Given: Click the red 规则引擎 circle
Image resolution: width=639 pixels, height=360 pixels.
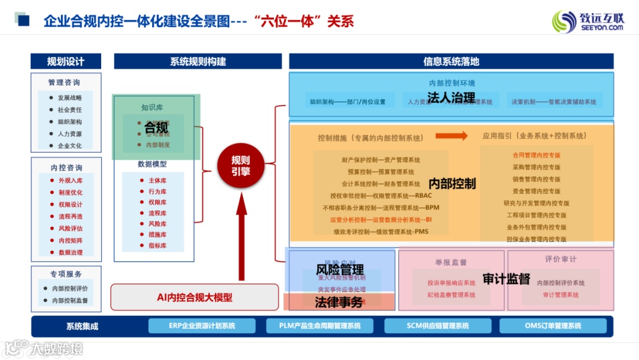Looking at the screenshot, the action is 241,165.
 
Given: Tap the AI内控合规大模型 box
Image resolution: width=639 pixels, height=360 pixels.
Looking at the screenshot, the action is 194,297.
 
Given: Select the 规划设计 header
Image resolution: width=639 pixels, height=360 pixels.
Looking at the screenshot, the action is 66,62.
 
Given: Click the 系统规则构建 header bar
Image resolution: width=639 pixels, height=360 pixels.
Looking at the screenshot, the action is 198,62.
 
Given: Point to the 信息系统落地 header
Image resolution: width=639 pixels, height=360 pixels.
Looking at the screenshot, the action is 451,62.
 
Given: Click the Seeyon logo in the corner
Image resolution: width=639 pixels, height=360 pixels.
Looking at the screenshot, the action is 588,21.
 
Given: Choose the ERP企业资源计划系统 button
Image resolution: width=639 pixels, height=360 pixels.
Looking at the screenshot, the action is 202,326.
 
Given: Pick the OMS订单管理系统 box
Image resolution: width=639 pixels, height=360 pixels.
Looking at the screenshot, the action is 553,326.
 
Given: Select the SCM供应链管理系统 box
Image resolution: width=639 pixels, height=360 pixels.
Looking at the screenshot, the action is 438,326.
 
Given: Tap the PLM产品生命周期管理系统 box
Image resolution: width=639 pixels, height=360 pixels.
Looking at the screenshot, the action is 319,326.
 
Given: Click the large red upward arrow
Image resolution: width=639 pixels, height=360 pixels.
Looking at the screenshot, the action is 241,237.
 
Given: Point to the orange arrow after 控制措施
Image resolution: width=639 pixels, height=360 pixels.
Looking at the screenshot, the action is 451,136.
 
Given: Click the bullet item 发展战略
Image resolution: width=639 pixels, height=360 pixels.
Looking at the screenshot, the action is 70,98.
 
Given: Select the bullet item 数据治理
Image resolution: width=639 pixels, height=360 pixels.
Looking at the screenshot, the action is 70,252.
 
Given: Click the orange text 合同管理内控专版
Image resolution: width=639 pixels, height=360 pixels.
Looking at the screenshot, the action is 536,155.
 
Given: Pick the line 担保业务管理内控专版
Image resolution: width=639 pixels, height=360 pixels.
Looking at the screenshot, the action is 536,239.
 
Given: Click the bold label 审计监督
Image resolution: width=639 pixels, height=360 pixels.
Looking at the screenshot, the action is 506,279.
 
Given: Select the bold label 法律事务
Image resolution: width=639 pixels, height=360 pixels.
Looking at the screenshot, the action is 338,302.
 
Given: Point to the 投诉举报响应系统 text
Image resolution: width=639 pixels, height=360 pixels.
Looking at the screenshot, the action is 451,283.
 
